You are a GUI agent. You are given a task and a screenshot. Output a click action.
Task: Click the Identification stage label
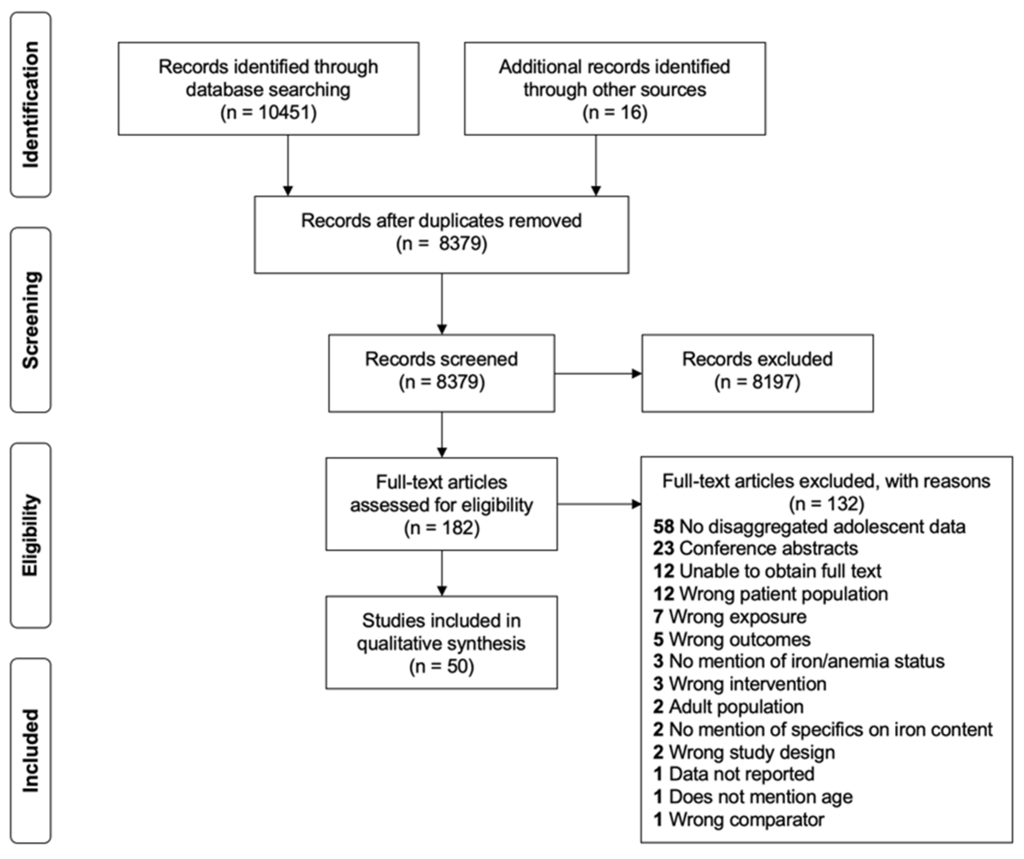click(x=30, y=105)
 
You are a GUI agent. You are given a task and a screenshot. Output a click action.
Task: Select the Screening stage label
click(x=30, y=320)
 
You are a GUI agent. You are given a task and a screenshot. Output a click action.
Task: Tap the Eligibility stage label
click(x=30, y=535)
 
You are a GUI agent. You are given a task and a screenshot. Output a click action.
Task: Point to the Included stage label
click(x=30, y=750)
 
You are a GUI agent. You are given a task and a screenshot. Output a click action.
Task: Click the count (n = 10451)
click(x=268, y=112)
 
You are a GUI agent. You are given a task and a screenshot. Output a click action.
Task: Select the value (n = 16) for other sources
click(x=614, y=112)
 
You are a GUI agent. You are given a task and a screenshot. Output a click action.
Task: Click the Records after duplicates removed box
click(x=441, y=234)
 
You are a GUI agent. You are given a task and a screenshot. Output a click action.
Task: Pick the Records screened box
click(x=441, y=373)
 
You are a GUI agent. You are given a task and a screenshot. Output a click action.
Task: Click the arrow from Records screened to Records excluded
click(x=598, y=374)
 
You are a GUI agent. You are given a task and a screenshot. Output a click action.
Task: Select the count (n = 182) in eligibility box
click(x=441, y=528)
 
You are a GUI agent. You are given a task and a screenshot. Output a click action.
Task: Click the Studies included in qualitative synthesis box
click(x=441, y=642)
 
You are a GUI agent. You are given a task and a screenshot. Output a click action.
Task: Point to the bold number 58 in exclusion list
click(x=663, y=527)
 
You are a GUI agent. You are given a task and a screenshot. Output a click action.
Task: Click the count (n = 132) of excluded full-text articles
click(x=826, y=504)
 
